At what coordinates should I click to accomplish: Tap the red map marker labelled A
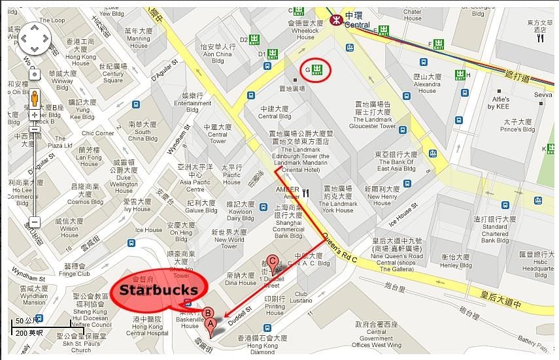click(211, 323)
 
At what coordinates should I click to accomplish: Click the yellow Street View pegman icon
click(34, 97)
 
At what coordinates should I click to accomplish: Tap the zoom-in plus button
click(35, 115)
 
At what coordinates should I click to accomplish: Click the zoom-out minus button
click(35, 221)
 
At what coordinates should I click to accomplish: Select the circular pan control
click(35, 40)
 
